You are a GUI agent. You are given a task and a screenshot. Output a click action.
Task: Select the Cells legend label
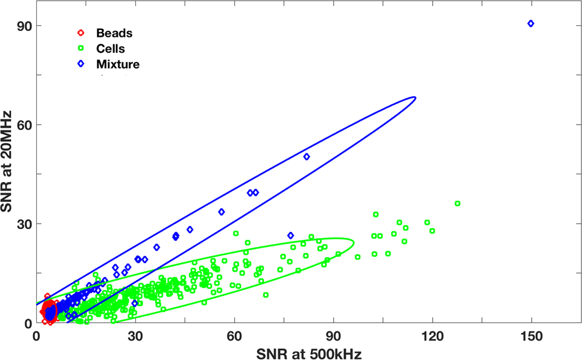pos(110,49)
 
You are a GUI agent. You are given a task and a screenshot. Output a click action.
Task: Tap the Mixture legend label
pos(118,64)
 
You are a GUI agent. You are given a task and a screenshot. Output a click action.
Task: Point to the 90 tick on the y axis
pos(24,26)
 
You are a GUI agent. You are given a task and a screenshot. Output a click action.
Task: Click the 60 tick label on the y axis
pos(24,125)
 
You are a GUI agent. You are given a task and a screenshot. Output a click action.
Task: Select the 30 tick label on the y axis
pos(24,224)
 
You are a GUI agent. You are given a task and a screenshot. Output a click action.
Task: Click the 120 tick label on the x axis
pos(433,337)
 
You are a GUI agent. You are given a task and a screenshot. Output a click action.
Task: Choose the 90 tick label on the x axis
pos(334,337)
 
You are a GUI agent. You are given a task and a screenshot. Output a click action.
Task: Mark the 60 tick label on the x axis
pos(234,337)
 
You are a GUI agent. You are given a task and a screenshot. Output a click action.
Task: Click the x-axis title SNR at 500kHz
pos(306,352)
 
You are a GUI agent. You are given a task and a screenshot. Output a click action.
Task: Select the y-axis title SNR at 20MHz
pos(9,170)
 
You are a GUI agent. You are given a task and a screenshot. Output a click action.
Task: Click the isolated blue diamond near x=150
pos(530,23)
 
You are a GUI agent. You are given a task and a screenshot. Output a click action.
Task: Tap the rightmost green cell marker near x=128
pos(457,204)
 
